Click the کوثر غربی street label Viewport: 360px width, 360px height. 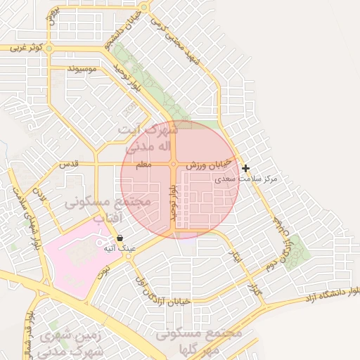point(27,48)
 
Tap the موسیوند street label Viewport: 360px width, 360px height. point(83,70)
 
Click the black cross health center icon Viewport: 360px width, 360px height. point(245,168)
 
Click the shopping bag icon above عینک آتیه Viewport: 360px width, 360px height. point(120,238)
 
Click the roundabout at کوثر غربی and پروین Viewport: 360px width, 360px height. point(51,49)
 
